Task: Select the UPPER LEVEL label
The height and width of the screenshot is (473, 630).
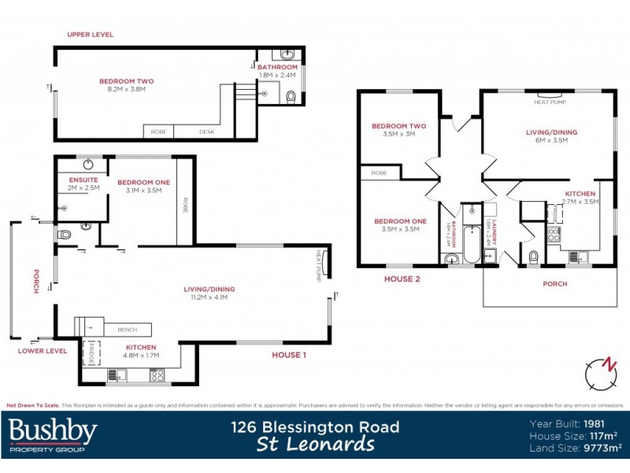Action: [90, 35]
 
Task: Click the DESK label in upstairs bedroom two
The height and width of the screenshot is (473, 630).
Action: [206, 132]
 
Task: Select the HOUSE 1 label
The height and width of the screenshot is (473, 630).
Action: [288, 355]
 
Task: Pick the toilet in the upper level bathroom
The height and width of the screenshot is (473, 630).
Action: [291, 97]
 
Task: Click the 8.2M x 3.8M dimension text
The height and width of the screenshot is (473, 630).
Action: [126, 89]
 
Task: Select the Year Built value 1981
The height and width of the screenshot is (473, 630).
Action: [604, 422]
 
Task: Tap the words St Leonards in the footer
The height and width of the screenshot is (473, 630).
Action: [315, 445]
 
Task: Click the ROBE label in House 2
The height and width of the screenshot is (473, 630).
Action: [379, 172]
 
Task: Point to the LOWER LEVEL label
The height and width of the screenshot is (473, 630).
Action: [42, 351]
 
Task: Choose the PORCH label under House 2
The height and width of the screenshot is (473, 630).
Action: [554, 284]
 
